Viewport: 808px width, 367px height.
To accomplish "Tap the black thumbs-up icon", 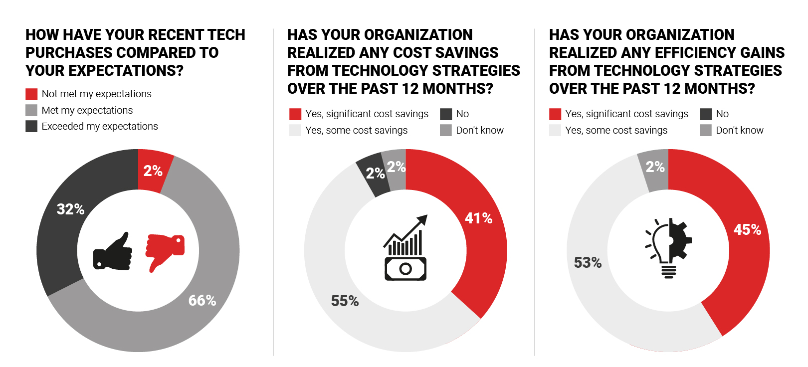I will coord(113,252).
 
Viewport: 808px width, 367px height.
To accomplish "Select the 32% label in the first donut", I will coord(70,209).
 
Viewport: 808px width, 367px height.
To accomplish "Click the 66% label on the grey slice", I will coord(202,300).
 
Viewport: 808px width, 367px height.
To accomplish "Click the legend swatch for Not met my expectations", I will coord(31,94).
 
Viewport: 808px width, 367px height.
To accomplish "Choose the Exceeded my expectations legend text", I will coord(100,126).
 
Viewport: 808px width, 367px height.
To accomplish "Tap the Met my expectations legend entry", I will coord(87,110).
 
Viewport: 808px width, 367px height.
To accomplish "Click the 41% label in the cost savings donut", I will coord(478,218).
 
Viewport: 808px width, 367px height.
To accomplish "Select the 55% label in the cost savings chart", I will coord(345,301).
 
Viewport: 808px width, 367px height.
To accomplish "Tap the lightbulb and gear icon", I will coord(668,248).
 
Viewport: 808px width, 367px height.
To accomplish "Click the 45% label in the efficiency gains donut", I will coord(747,229).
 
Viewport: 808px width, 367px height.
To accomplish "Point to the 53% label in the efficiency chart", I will coord(588,262).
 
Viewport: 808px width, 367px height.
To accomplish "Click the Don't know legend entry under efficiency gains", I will coord(739,130).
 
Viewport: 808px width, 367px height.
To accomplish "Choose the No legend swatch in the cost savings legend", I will coord(446,114).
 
